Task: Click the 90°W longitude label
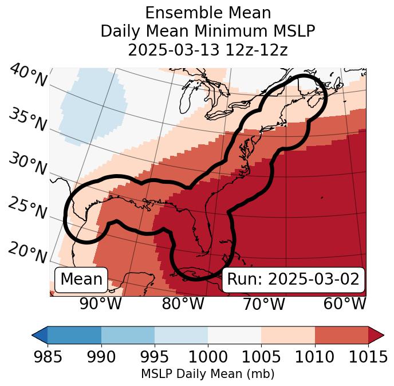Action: (100, 304)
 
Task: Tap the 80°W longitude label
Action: (183, 304)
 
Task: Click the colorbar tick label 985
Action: (48, 357)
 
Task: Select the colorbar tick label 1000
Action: (207, 357)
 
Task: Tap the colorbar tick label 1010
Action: (314, 357)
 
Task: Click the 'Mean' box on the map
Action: (81, 279)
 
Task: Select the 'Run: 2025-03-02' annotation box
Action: (293, 279)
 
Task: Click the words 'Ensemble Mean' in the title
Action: (208, 13)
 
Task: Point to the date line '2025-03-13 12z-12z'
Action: (208, 50)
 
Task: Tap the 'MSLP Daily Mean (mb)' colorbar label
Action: (208, 375)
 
